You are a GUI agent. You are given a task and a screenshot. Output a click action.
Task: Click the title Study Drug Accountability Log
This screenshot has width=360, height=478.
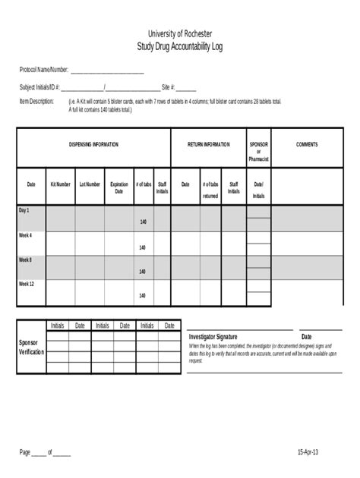click(x=180, y=46)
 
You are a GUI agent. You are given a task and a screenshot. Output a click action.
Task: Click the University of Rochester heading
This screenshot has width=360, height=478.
click(x=180, y=34)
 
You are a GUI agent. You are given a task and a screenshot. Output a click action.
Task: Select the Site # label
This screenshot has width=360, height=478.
click(x=169, y=87)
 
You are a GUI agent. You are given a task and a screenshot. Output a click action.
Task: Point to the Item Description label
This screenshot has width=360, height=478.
click(x=36, y=101)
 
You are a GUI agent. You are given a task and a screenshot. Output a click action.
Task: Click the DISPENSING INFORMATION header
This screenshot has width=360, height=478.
click(x=93, y=144)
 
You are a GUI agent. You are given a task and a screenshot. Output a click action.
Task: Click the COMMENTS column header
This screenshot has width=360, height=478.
click(x=307, y=144)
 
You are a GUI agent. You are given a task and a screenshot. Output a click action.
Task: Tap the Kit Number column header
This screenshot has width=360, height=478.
click(x=61, y=184)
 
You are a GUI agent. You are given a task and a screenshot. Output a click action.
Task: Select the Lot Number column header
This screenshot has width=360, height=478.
click(x=90, y=184)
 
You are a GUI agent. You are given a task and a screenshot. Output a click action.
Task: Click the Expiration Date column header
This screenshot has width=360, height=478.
click(x=119, y=187)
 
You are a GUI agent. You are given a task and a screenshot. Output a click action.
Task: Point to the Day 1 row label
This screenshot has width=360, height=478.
click(x=24, y=209)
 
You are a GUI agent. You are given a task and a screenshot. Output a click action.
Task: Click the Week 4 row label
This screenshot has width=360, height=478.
click(x=26, y=235)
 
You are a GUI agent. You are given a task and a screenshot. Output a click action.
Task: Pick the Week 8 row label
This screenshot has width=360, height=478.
click(x=26, y=259)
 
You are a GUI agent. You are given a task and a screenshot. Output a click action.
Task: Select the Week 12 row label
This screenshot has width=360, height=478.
click(x=27, y=284)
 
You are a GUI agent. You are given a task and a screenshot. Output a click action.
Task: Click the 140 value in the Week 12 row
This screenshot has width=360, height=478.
click(x=143, y=296)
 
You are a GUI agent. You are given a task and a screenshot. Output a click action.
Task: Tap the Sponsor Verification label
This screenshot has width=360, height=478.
click(x=32, y=347)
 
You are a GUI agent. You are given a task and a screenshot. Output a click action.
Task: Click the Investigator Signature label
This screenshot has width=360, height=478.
click(x=213, y=336)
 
